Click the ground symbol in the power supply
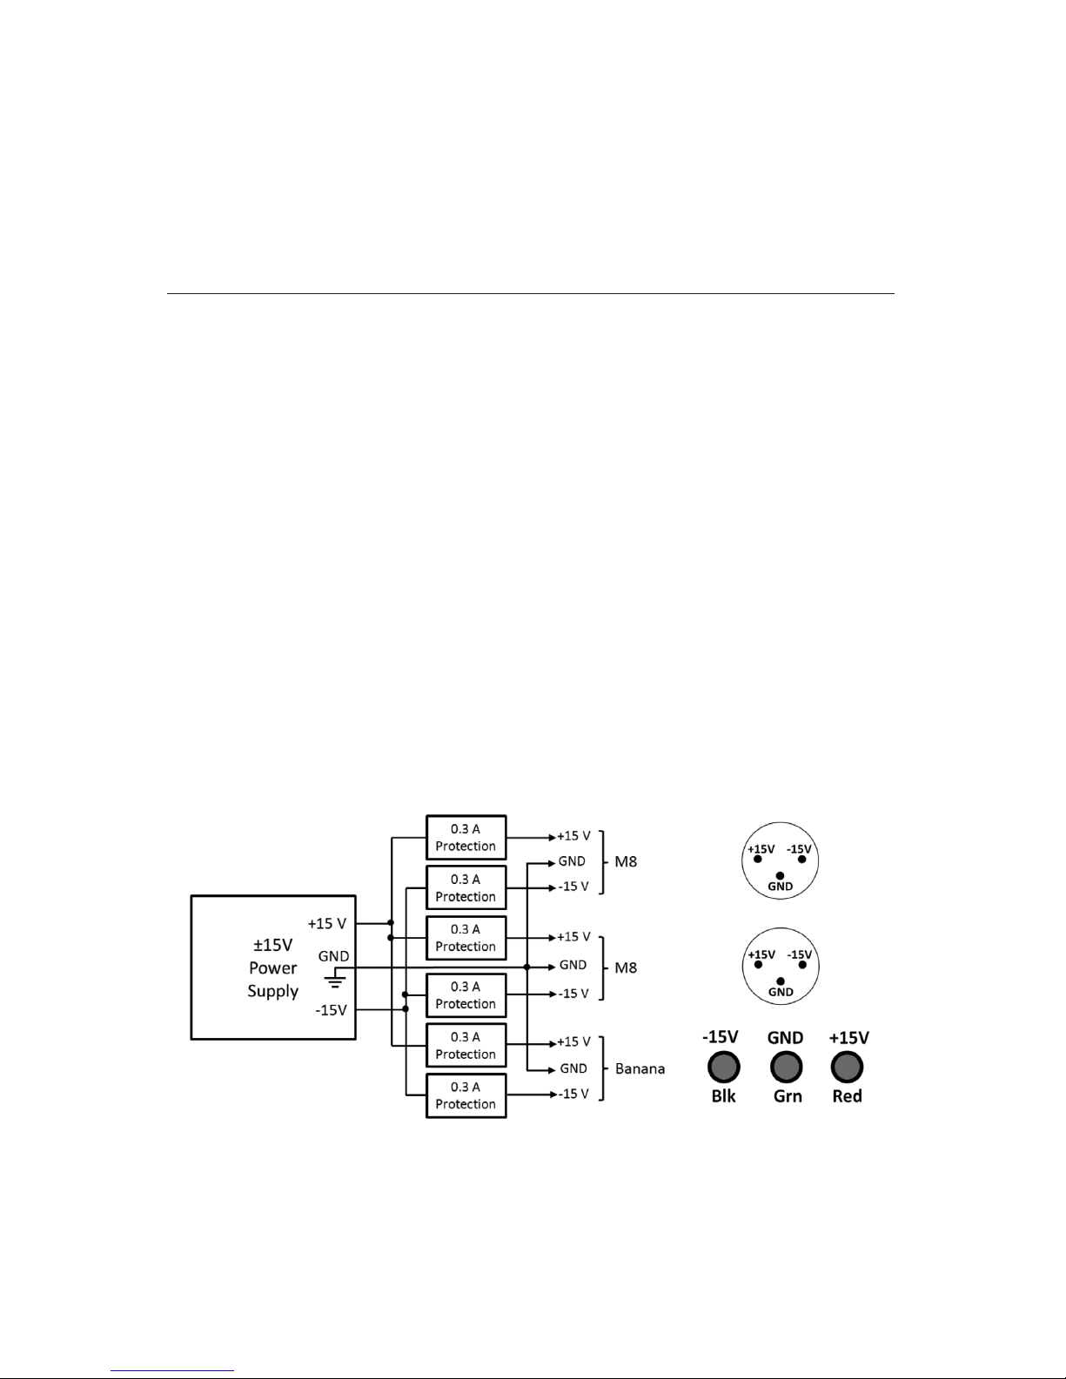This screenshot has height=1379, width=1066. point(335,981)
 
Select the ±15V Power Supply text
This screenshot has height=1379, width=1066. point(273,967)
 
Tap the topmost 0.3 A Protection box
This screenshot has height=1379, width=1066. point(466,837)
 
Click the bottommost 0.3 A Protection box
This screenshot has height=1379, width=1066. point(466,1095)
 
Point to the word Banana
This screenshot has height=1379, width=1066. point(640,1068)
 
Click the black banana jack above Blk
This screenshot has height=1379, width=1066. point(723,1067)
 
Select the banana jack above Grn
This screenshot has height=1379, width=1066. point(786,1067)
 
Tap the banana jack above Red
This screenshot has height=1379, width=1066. point(847,1067)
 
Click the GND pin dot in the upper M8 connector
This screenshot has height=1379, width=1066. point(780,876)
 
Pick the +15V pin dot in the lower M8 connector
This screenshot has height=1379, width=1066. point(758,965)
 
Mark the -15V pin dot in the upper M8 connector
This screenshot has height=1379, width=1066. point(802,860)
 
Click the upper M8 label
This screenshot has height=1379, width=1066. point(626,862)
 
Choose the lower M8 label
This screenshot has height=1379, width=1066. point(626,967)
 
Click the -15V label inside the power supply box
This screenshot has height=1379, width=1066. point(332,1010)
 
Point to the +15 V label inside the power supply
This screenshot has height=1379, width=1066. point(327,923)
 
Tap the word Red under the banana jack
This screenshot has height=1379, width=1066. point(847,1096)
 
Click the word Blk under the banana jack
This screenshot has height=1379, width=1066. point(723,1096)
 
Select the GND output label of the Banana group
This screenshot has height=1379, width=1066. point(573,1068)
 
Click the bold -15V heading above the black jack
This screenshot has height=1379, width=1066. point(721,1037)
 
